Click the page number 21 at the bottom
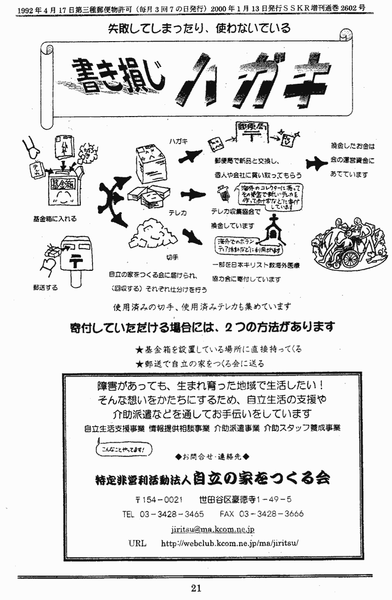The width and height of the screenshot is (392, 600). (196, 588)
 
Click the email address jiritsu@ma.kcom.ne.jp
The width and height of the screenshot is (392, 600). (213, 529)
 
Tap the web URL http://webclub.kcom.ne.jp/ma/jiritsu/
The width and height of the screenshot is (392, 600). (229, 544)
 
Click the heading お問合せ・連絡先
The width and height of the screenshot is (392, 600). (212, 457)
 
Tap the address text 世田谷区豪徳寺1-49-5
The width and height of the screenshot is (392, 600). (245, 499)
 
